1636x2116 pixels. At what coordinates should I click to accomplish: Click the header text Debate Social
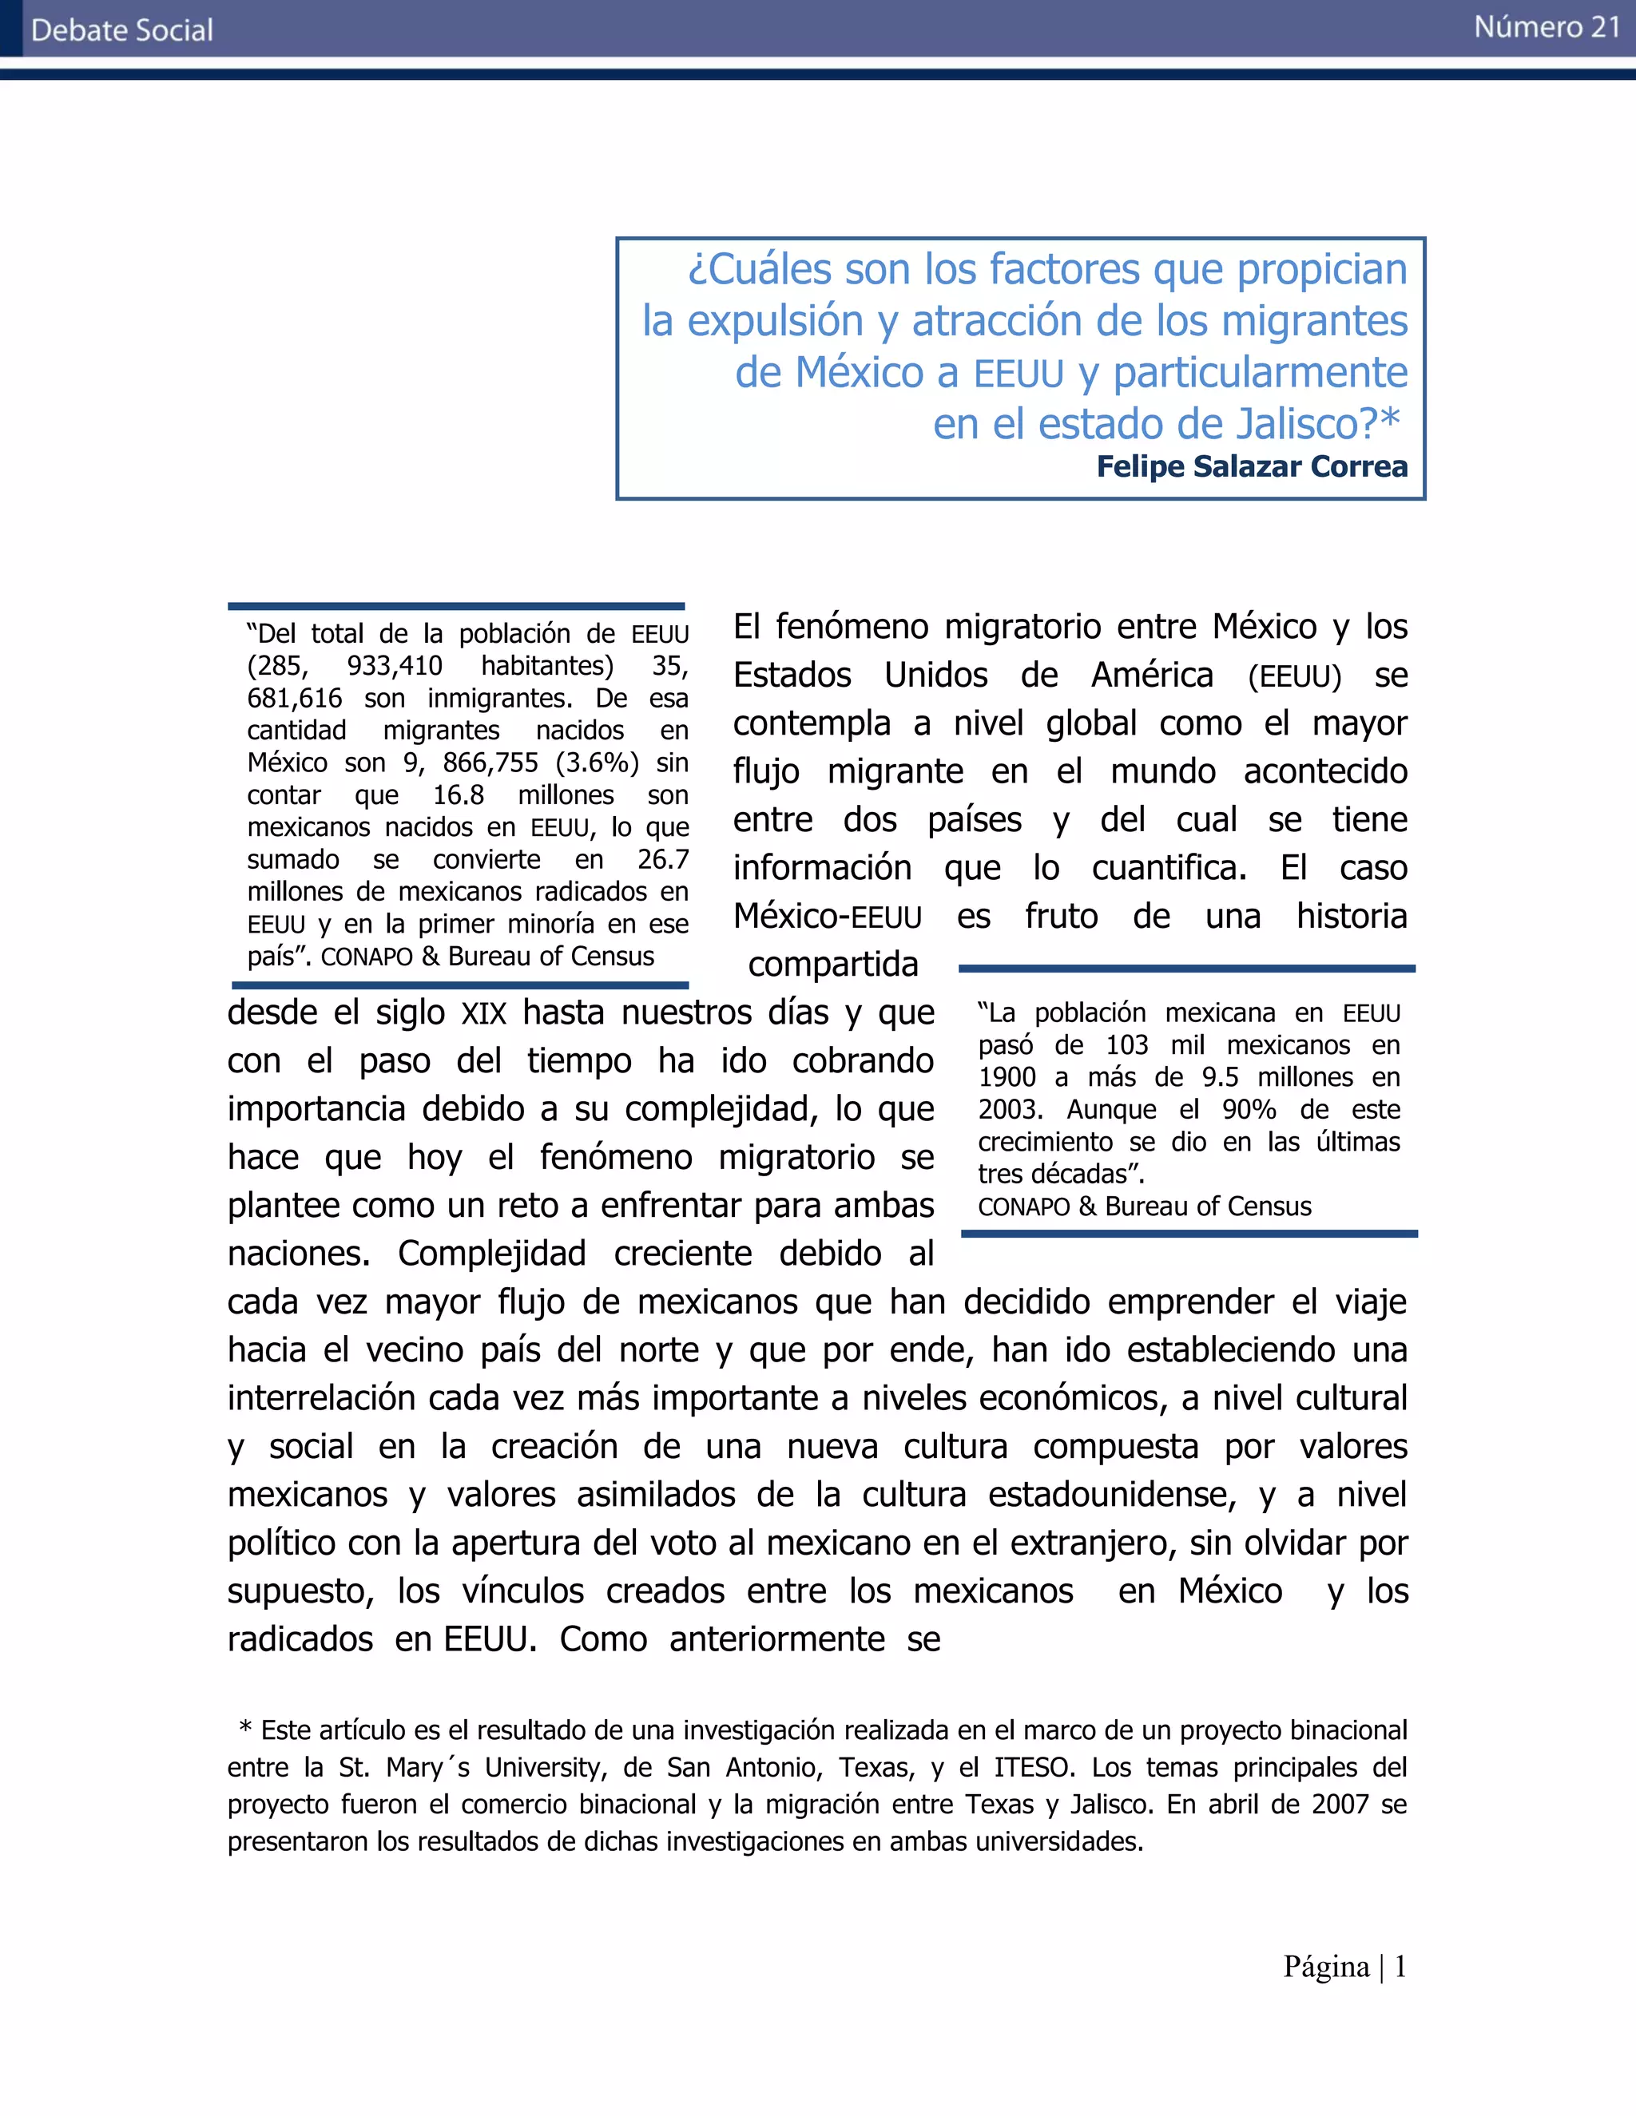tap(122, 30)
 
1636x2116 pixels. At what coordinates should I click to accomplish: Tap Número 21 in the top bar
tap(1547, 27)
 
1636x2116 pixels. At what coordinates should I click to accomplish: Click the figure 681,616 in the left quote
tap(295, 698)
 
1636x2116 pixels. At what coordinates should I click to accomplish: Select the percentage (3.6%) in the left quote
tap(597, 763)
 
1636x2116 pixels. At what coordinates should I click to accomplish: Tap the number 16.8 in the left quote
tap(458, 794)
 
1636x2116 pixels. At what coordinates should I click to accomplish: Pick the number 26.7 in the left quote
tap(663, 859)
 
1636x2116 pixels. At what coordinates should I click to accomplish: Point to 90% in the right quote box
tap(1249, 1108)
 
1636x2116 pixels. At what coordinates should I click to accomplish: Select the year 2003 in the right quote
tap(1008, 1108)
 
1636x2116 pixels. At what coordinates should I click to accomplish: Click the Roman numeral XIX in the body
tap(483, 1013)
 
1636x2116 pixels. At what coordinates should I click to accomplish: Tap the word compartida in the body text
tap(832, 964)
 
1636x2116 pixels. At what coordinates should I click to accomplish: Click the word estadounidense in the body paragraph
tap(1112, 1494)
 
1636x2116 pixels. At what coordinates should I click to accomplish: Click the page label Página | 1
tap(1344, 1966)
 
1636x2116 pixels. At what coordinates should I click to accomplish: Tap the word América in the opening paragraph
tap(1151, 675)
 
